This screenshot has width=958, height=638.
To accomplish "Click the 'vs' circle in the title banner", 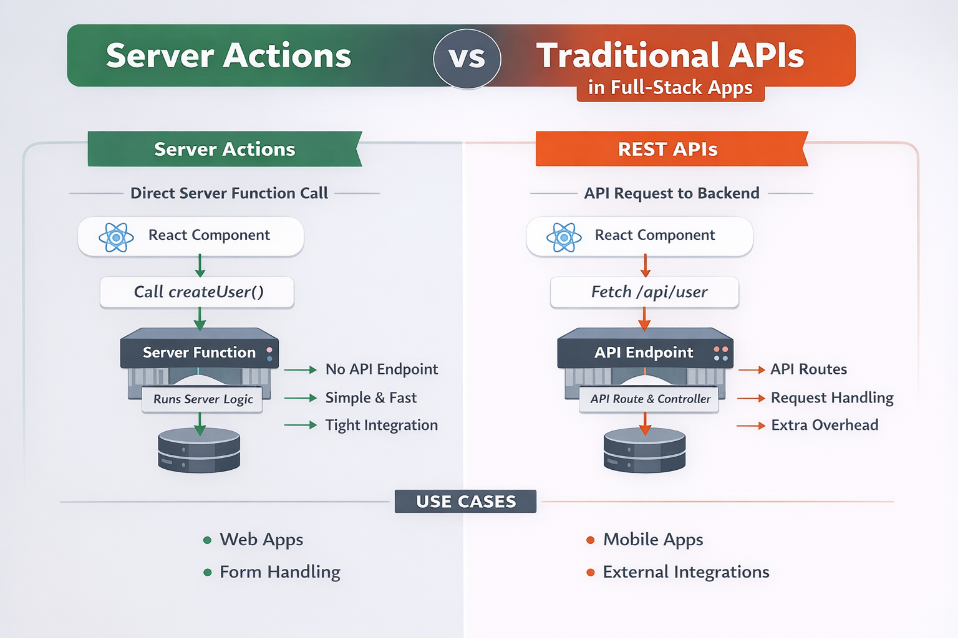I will pyautogui.click(x=467, y=58).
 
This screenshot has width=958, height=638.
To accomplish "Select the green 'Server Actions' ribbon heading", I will pyautogui.click(x=225, y=149).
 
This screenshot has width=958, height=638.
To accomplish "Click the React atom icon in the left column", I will pyautogui.click(x=116, y=237).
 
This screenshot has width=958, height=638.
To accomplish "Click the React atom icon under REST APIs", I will pyautogui.click(x=564, y=237).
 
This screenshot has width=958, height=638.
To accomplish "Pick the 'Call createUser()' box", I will pyautogui.click(x=197, y=292).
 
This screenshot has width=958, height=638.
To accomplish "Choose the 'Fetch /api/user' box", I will pyautogui.click(x=645, y=292).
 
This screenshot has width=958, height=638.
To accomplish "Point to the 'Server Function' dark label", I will pyautogui.click(x=199, y=353).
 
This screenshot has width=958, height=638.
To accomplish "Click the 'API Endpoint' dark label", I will pyautogui.click(x=644, y=353).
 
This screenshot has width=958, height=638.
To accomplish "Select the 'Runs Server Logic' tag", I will pyautogui.click(x=203, y=399).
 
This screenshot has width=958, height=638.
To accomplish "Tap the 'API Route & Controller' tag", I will pyautogui.click(x=650, y=399).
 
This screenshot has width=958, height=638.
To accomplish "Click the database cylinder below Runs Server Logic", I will pyautogui.click(x=199, y=451).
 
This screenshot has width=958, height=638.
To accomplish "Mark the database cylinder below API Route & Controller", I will pyautogui.click(x=645, y=451).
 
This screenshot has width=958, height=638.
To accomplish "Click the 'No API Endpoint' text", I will pyautogui.click(x=382, y=369).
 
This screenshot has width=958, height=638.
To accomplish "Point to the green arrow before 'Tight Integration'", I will pyautogui.click(x=301, y=426).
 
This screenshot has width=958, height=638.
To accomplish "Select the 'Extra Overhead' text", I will pyautogui.click(x=825, y=426).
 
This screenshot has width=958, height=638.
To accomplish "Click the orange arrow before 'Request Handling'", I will pyautogui.click(x=751, y=398).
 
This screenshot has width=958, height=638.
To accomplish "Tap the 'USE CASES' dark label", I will pyautogui.click(x=465, y=502).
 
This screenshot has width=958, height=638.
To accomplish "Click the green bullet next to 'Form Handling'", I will pyautogui.click(x=208, y=572).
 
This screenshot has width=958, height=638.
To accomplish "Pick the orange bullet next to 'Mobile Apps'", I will pyautogui.click(x=590, y=540).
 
